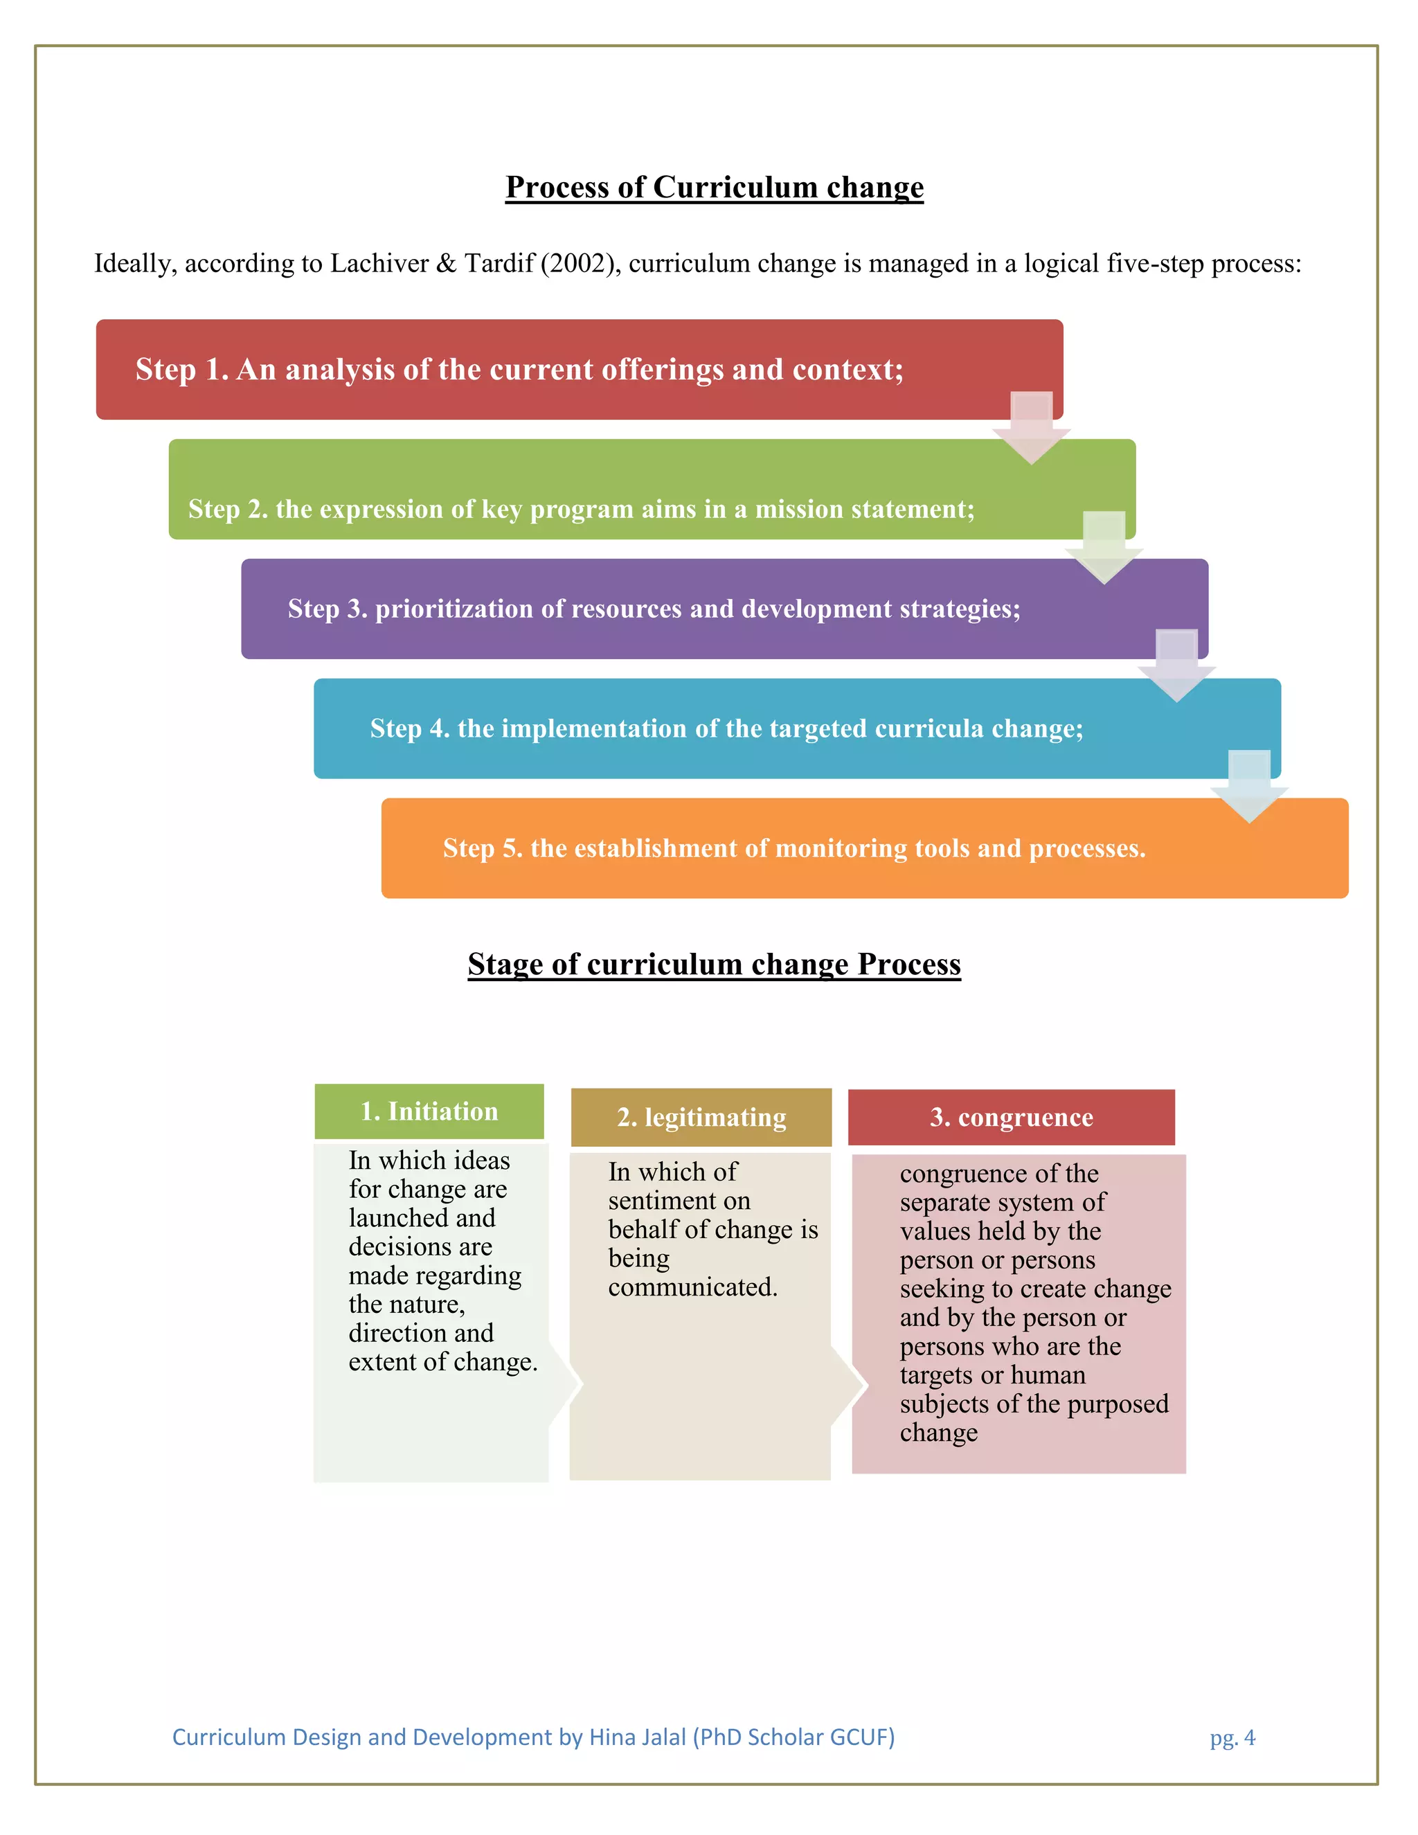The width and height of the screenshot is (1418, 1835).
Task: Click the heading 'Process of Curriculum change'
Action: [714, 186]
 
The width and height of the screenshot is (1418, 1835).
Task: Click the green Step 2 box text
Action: [582, 509]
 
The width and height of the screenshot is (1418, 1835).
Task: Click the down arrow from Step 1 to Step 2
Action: [1032, 429]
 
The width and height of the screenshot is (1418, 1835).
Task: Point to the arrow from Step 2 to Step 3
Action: [1104, 548]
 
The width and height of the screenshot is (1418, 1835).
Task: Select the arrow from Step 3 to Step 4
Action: [1177, 666]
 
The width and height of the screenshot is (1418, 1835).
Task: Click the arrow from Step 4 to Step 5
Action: [1249, 787]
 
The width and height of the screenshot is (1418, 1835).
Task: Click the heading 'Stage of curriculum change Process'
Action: [714, 964]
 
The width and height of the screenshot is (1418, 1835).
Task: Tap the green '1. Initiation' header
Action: [429, 1111]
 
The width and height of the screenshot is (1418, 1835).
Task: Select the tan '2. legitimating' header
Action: [701, 1118]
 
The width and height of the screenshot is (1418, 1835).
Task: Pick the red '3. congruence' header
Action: [1012, 1118]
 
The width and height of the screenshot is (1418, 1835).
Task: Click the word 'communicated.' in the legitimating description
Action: [692, 1287]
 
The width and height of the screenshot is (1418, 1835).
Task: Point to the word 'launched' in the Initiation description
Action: [399, 1218]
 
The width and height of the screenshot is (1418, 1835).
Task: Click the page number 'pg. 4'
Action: [1232, 1737]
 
